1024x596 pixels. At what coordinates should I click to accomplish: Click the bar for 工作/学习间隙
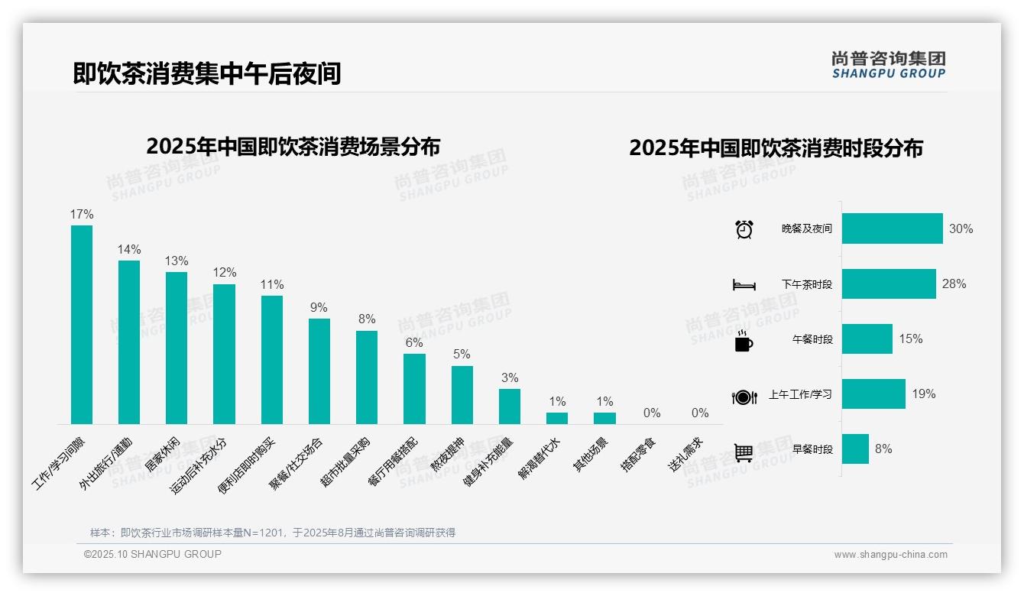click(82, 325)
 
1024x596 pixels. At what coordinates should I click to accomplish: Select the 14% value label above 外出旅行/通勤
click(129, 249)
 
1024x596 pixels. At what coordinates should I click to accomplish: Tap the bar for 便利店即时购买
click(272, 360)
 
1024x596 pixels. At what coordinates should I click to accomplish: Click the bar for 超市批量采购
click(367, 377)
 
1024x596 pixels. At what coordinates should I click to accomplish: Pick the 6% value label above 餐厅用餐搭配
click(414, 343)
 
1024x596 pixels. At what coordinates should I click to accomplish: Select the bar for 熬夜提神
click(462, 395)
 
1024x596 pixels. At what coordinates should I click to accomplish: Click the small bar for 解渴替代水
click(557, 418)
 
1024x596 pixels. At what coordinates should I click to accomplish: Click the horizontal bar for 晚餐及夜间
click(892, 228)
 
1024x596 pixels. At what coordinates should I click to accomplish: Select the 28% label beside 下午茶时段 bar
click(954, 283)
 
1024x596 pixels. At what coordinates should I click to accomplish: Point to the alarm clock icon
click(744, 229)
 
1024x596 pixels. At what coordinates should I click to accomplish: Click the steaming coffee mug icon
click(744, 341)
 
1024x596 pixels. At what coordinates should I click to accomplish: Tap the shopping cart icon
click(744, 452)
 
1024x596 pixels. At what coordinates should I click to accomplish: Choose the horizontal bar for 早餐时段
click(855, 449)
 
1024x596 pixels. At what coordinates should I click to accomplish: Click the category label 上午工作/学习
click(800, 395)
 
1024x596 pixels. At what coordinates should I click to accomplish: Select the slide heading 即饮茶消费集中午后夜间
click(206, 73)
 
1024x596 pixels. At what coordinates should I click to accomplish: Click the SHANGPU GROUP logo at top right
click(888, 65)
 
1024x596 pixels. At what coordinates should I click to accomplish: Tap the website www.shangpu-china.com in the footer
click(890, 555)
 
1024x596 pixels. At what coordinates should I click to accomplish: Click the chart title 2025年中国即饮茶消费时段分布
click(776, 147)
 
